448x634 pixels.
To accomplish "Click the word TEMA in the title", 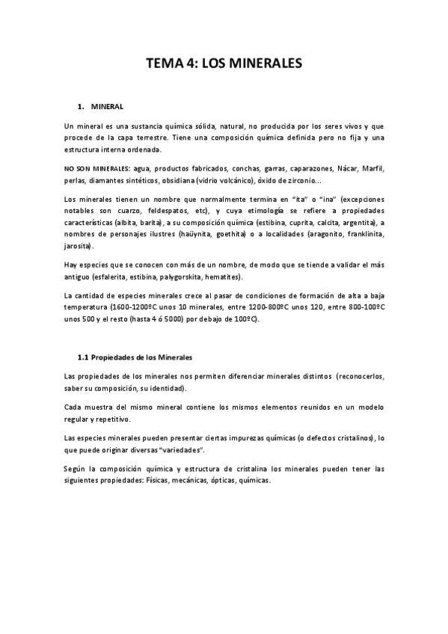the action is click(x=162, y=64).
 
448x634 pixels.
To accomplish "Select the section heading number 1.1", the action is click(x=84, y=357).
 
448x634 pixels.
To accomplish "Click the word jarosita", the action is click(x=79, y=246).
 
